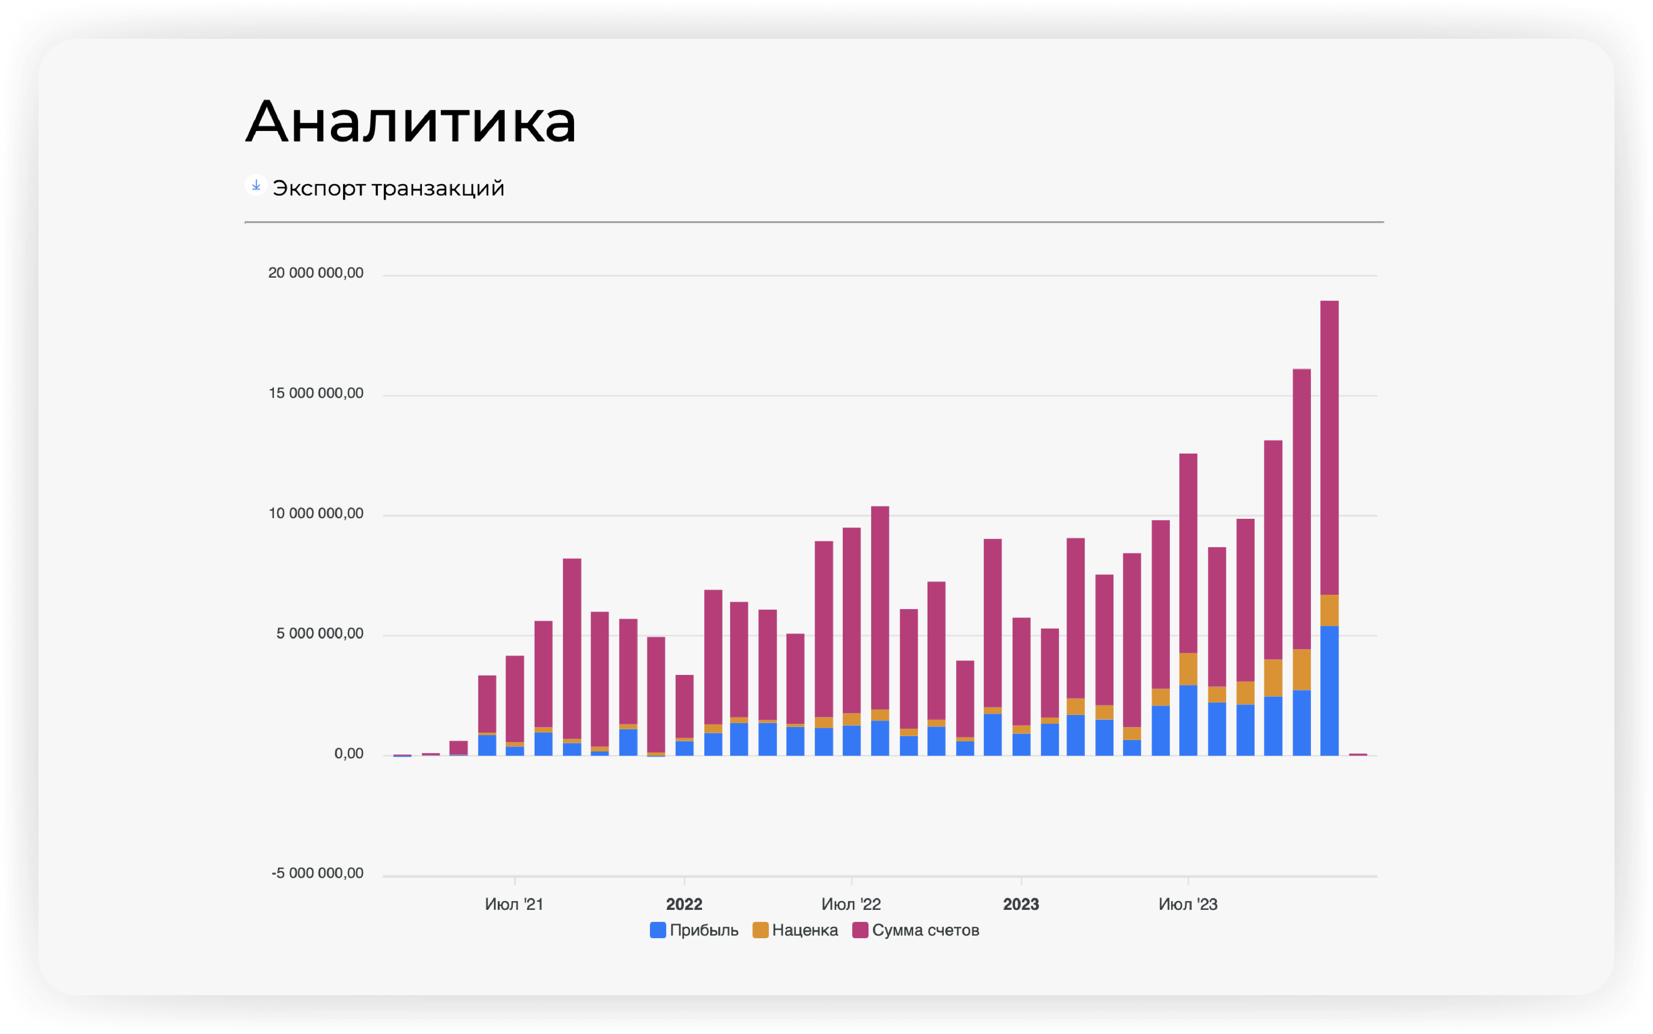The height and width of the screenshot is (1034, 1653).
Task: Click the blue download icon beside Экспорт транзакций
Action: pyautogui.click(x=256, y=185)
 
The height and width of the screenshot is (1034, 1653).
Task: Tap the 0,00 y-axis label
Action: pyautogui.click(x=349, y=754)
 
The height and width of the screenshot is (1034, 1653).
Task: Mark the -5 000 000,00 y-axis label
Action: pyautogui.click(x=317, y=873)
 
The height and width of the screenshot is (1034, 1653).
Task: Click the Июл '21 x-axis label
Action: pyautogui.click(x=514, y=904)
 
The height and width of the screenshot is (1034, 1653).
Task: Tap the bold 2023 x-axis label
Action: pyautogui.click(x=1021, y=904)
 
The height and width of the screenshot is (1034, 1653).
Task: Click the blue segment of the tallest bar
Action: pyautogui.click(x=1329, y=691)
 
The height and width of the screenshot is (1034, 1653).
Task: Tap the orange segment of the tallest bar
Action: pyautogui.click(x=1329, y=610)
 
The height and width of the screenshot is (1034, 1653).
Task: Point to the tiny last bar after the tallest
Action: pyautogui.click(x=1358, y=754)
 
